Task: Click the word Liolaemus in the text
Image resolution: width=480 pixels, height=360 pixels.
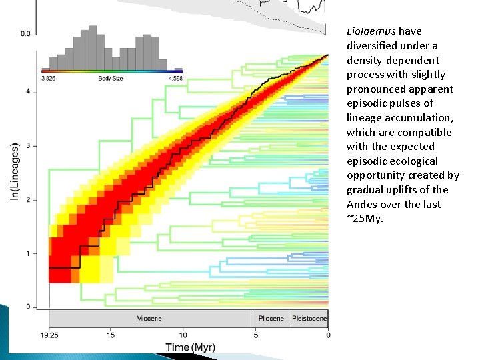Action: tap(371, 31)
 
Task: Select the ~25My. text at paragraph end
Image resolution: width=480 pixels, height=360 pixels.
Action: tap(365, 219)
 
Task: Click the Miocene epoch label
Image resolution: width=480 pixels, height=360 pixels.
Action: tap(149, 319)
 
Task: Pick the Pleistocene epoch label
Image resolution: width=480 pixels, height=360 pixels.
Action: tap(309, 319)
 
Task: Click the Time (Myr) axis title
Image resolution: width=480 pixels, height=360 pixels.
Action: tap(190, 347)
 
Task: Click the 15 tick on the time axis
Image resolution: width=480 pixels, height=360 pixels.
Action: tap(111, 335)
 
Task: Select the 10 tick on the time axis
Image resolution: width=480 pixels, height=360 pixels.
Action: tap(183, 335)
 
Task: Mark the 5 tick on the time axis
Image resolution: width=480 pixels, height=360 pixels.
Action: tap(255, 335)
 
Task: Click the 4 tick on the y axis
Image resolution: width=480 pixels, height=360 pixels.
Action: tap(27, 91)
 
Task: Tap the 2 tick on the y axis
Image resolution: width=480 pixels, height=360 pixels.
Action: tap(27, 199)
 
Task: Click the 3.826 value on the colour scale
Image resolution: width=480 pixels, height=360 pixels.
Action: tap(48, 79)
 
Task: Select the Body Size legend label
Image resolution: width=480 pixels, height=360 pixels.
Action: tap(110, 79)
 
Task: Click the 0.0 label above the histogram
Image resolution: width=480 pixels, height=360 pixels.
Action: tap(25, 33)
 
